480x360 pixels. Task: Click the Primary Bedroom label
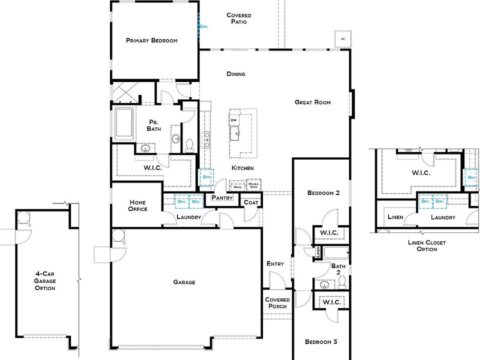[x=151, y=40]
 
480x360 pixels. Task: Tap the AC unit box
[x=342, y=39]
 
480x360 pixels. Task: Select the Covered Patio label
[x=238, y=18]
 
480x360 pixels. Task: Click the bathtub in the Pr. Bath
[x=123, y=123]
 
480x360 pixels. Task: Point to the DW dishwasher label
[x=233, y=120]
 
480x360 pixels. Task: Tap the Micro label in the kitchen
[x=237, y=186]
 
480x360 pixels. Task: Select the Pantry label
[x=222, y=198]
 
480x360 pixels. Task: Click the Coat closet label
[x=250, y=202]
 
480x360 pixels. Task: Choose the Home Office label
[x=137, y=205]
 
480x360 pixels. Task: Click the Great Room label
[x=312, y=102]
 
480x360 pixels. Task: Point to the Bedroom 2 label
[x=323, y=192]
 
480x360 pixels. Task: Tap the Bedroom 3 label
[x=321, y=342]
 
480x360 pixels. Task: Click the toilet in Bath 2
[x=342, y=283]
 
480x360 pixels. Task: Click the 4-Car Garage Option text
[x=45, y=280]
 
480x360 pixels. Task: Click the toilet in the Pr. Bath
[x=189, y=145]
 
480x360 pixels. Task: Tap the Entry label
[x=275, y=263]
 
